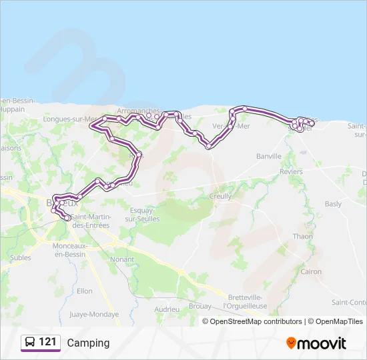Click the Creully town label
[x=220, y=196]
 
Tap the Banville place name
[x=270, y=156]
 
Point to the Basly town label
[x=332, y=204]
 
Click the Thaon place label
[x=302, y=236]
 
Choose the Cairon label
[x=311, y=271]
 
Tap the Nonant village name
[x=123, y=259]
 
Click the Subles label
[x=21, y=257]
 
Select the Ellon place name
[x=84, y=291]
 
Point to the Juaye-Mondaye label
[x=94, y=314]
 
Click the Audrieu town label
[x=167, y=309]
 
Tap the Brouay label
[x=200, y=307]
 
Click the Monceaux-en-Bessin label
[x=71, y=250]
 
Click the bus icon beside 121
[x=29, y=342]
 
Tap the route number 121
[x=47, y=342]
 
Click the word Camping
[x=88, y=343]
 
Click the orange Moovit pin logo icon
[x=291, y=343]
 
